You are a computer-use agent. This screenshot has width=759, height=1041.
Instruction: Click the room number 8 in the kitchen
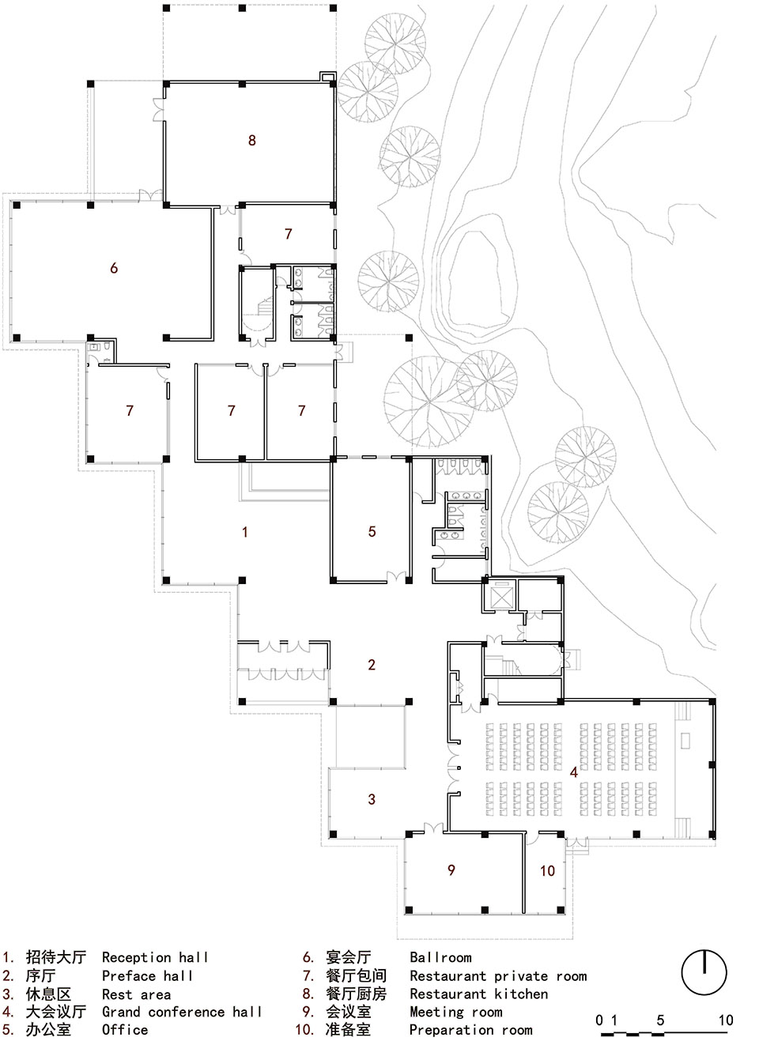(252, 141)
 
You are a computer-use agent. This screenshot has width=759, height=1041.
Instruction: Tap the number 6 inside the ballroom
(114, 269)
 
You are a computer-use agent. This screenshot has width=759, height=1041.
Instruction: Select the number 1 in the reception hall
(245, 532)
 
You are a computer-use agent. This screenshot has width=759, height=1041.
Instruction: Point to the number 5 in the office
(372, 532)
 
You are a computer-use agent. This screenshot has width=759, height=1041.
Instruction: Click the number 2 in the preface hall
(372, 665)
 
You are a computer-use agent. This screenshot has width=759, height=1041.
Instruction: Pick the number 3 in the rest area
(372, 800)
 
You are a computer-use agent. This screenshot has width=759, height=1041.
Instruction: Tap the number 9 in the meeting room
(451, 870)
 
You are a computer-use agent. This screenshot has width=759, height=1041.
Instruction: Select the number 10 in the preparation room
(547, 871)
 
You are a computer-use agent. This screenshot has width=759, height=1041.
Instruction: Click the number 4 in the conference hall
(574, 772)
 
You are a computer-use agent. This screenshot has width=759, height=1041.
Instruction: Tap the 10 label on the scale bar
(725, 1020)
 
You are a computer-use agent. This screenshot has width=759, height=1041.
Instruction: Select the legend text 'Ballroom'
(440, 957)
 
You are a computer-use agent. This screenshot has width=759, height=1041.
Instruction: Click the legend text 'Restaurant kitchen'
(478, 994)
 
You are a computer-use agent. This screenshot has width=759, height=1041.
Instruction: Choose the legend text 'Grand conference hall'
(182, 1012)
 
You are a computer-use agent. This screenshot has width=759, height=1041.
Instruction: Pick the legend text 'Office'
(125, 1030)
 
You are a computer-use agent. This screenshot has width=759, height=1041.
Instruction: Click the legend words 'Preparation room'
(471, 1030)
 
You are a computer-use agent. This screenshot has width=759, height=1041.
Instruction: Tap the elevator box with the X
(501, 594)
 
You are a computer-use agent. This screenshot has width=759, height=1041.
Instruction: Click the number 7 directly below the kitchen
(289, 234)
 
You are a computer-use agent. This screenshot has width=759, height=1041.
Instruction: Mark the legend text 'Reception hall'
(155, 957)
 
